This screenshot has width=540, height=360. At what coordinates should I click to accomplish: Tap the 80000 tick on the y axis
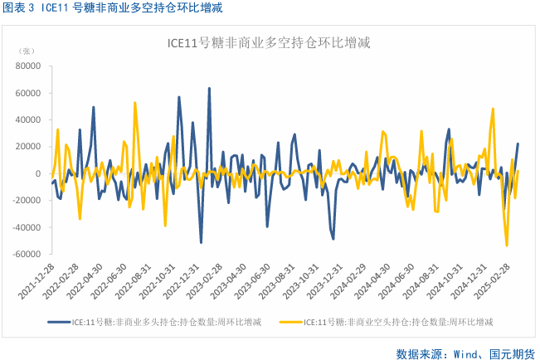[x=28, y=66]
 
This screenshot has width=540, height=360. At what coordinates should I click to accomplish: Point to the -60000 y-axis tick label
[x=27, y=255]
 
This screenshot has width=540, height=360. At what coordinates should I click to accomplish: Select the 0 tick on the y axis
[x=38, y=174]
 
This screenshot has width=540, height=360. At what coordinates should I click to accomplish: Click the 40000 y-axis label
[x=28, y=119]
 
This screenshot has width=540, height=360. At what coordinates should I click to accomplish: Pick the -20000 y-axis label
[x=27, y=201]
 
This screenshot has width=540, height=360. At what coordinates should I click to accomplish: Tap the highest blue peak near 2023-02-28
[x=209, y=89]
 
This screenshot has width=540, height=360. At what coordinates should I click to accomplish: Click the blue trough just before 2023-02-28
[x=202, y=242]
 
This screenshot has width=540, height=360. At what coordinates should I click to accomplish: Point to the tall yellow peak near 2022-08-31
[x=135, y=103]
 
